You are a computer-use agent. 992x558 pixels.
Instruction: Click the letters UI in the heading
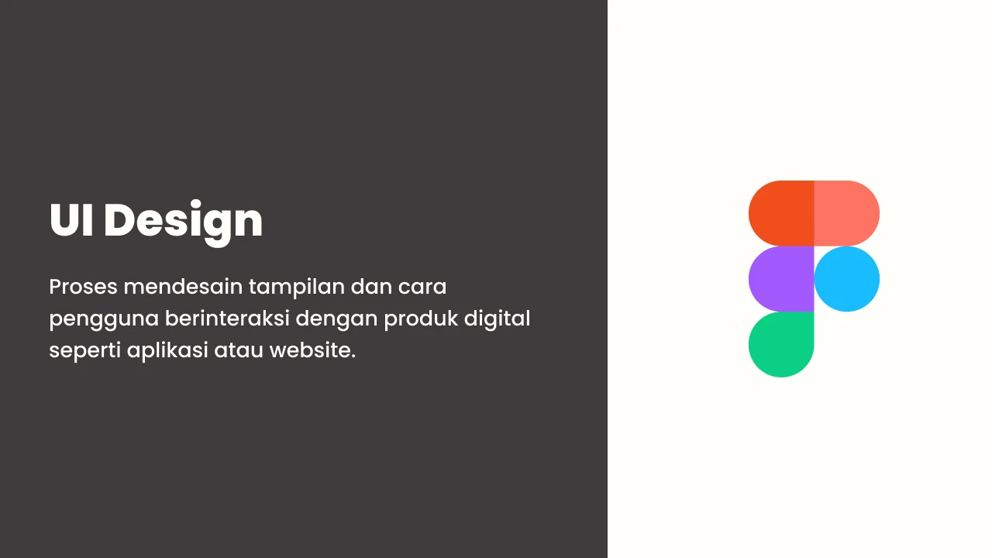pyautogui.click(x=71, y=220)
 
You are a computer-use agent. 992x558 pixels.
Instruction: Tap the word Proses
pyautogui.click(x=83, y=287)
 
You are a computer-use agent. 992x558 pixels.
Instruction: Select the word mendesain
pyautogui.click(x=184, y=287)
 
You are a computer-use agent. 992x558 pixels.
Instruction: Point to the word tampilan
pyautogui.click(x=297, y=288)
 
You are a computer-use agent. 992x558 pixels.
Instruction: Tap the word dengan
pyautogui.click(x=336, y=319)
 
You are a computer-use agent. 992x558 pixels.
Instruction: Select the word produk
pyautogui.click(x=421, y=319)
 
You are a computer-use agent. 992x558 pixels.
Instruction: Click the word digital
pyautogui.click(x=497, y=319)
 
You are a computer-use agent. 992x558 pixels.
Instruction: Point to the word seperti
pyautogui.click(x=84, y=351)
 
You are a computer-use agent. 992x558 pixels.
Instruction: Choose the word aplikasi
pyautogui.click(x=167, y=351)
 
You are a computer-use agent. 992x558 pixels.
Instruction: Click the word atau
pyautogui.click(x=239, y=351)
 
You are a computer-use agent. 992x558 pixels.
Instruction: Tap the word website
pyautogui.click(x=312, y=350)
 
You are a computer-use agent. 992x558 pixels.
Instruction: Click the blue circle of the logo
pyautogui.click(x=847, y=279)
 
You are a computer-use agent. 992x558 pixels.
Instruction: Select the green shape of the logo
pyautogui.click(x=781, y=345)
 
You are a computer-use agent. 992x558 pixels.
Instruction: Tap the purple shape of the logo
pyautogui.click(x=781, y=279)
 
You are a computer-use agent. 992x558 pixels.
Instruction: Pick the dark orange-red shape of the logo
pyautogui.click(x=781, y=213)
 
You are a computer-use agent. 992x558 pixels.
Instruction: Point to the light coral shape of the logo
pyautogui.click(x=847, y=213)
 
